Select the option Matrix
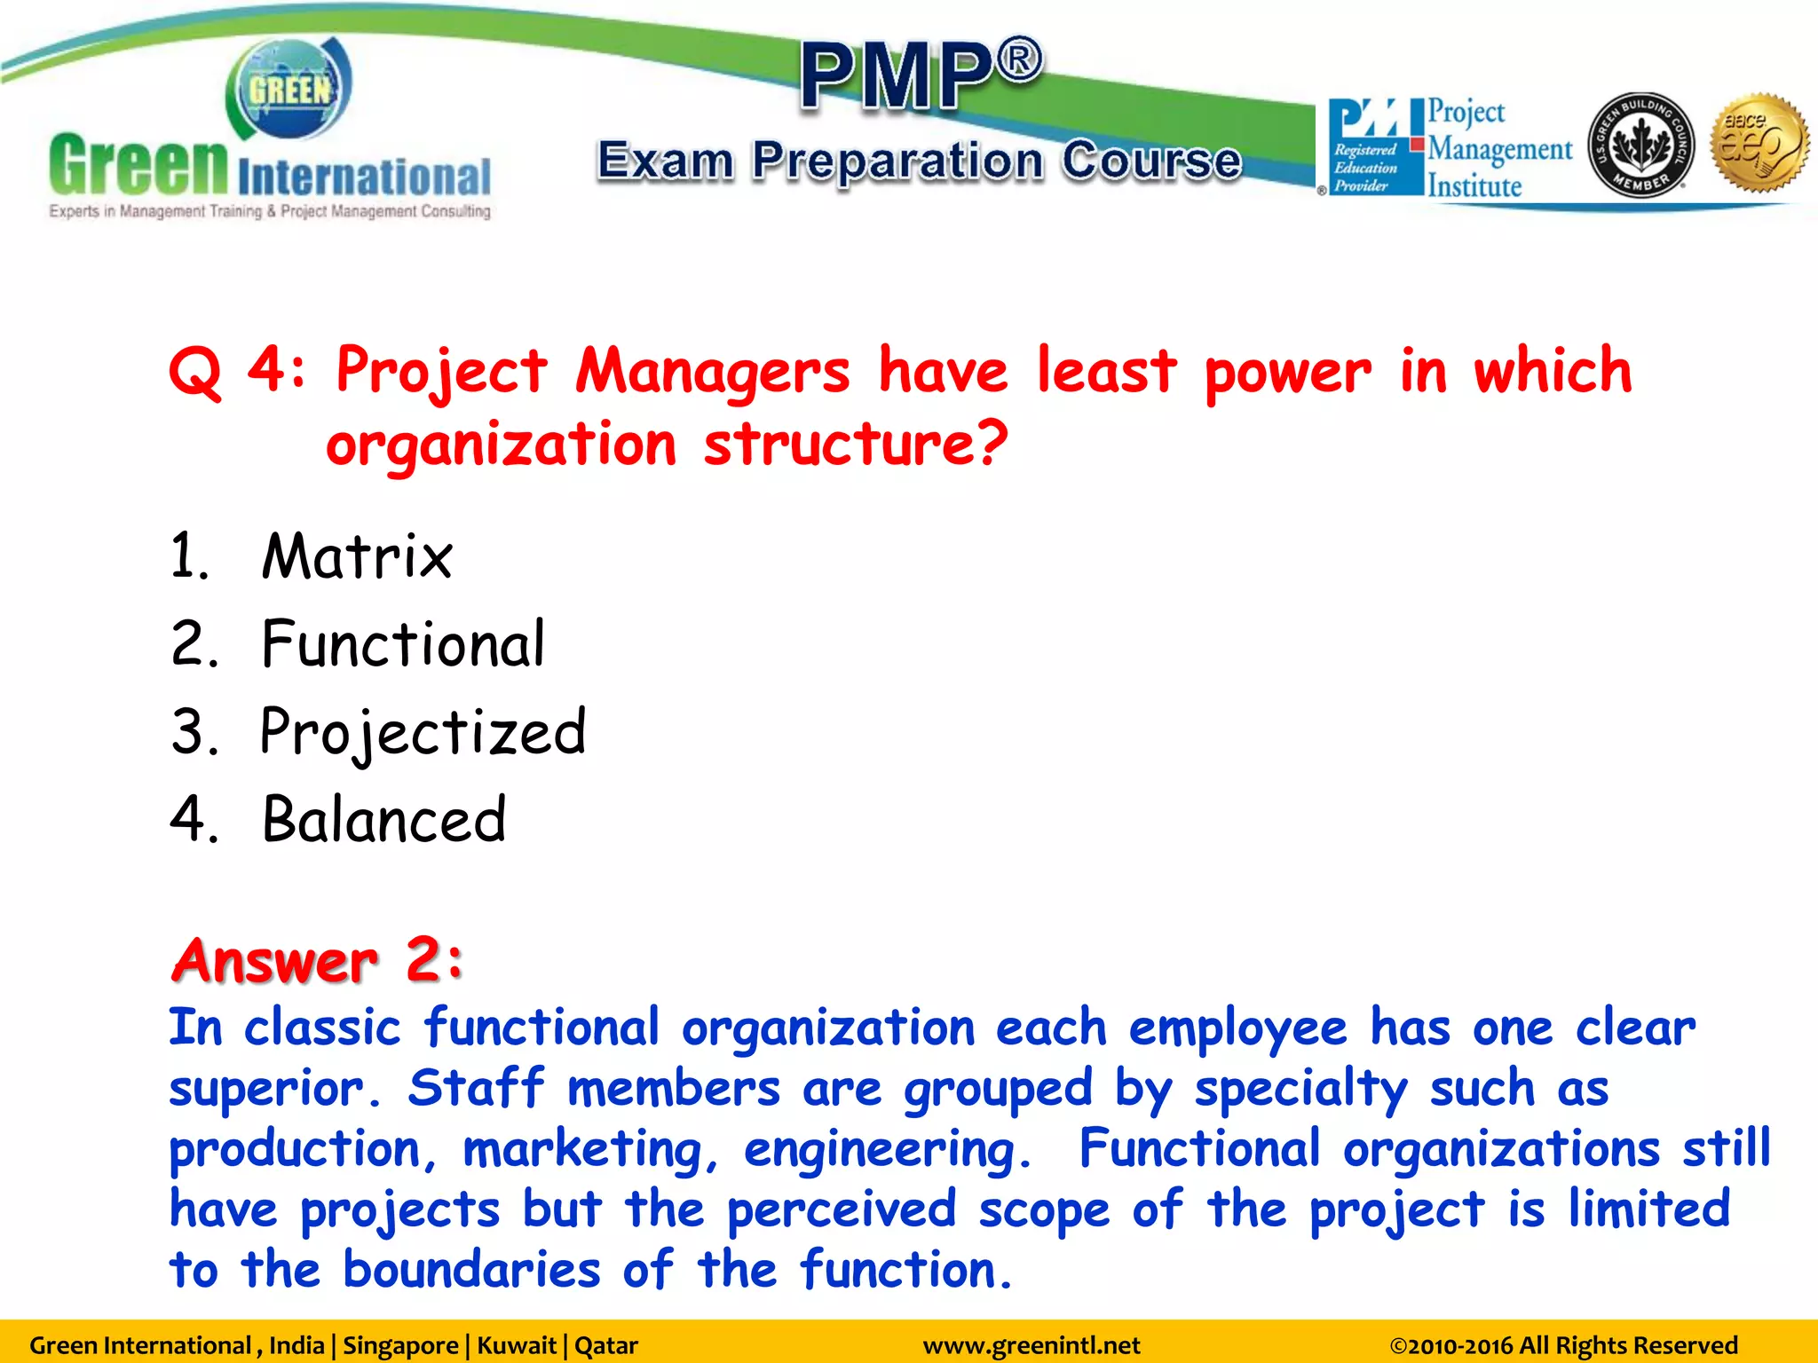357,556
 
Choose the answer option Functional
403,643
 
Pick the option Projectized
423,733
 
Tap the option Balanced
383,819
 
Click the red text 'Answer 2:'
318,960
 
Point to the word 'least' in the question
1106,370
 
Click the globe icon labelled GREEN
289,90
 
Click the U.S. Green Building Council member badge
1640,145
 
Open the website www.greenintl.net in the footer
1031,1345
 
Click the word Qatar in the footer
606,1345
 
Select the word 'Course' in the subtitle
1151,161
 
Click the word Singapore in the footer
400,1345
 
